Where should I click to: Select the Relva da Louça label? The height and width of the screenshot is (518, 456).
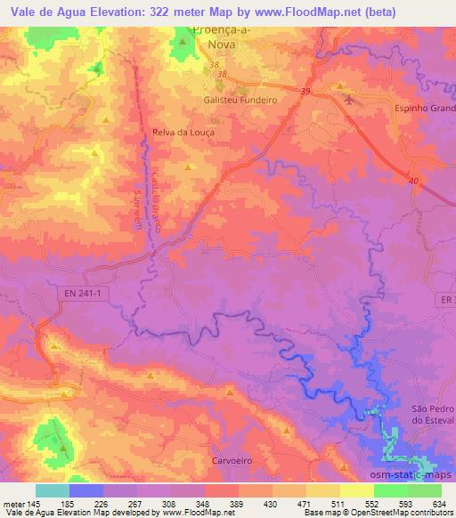coord(184,131)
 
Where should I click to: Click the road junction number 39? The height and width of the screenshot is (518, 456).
coord(305,92)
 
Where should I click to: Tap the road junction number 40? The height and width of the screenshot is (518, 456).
coord(413,181)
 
